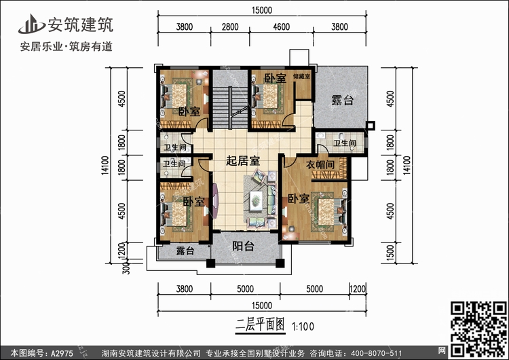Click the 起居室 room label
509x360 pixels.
coord(243,161)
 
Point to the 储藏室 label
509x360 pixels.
coord(301,77)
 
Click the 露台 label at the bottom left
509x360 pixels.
coord(185,251)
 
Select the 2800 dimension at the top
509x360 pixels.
coord(231,27)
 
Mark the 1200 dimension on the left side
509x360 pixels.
coord(122,251)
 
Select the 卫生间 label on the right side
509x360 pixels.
coord(344,143)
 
